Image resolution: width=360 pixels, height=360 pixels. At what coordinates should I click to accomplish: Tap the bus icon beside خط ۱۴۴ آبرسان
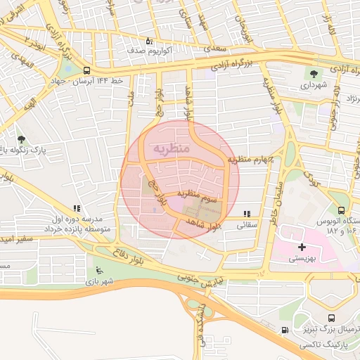point(86,70)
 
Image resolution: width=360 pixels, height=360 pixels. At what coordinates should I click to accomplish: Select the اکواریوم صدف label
point(146,51)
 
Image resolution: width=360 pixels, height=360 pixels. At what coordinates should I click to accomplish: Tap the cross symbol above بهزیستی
point(302,247)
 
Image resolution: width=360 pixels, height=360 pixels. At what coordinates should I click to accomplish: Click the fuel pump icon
point(284,330)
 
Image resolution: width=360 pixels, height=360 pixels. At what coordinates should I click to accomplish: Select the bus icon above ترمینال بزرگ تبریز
point(331,317)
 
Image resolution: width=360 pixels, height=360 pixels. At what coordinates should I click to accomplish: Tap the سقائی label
point(247,226)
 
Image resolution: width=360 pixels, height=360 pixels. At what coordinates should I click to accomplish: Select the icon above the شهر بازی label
point(98,270)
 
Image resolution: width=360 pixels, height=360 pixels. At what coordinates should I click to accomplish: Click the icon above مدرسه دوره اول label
point(76,208)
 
